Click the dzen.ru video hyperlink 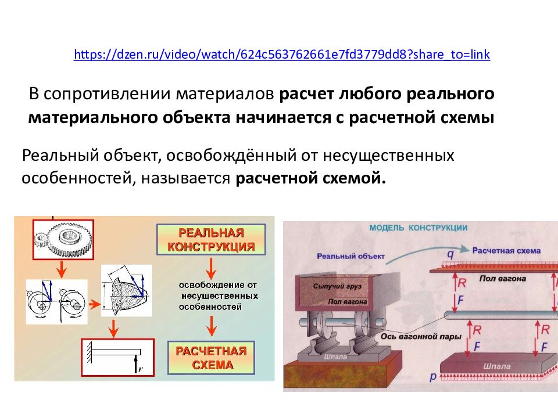(x=282, y=55)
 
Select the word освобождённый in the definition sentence (x=239, y=156)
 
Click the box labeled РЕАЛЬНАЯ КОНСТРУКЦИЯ (x=211, y=240)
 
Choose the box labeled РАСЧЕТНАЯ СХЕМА (x=211, y=358)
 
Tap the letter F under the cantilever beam (x=139, y=368)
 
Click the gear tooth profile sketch (x=126, y=290)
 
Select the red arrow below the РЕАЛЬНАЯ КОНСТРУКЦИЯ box (x=212, y=268)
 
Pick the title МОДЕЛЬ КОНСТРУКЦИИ (x=418, y=228)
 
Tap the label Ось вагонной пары (x=421, y=336)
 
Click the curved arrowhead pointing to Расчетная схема (x=464, y=248)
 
